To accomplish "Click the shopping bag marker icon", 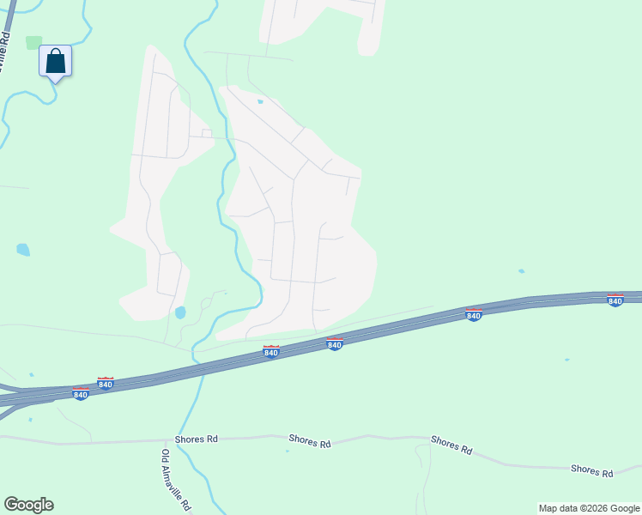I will [x=55, y=62].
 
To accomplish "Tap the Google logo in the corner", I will [x=28, y=505].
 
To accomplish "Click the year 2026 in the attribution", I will [x=593, y=508].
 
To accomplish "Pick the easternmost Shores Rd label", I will [x=592, y=471].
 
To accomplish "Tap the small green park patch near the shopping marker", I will [x=33, y=42].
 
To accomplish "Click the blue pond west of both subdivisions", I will [x=22, y=250].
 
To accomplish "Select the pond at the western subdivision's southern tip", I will [x=180, y=312].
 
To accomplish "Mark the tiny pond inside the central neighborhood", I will [x=260, y=101].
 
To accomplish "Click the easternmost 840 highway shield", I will [x=615, y=300].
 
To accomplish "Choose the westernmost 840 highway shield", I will [x=80, y=394].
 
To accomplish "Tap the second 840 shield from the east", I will [x=473, y=315].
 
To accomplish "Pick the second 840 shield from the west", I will [x=106, y=383].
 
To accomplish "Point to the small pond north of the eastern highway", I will [x=522, y=271].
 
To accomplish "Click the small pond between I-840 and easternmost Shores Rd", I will [x=566, y=360].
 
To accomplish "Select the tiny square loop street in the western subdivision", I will [x=206, y=133].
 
